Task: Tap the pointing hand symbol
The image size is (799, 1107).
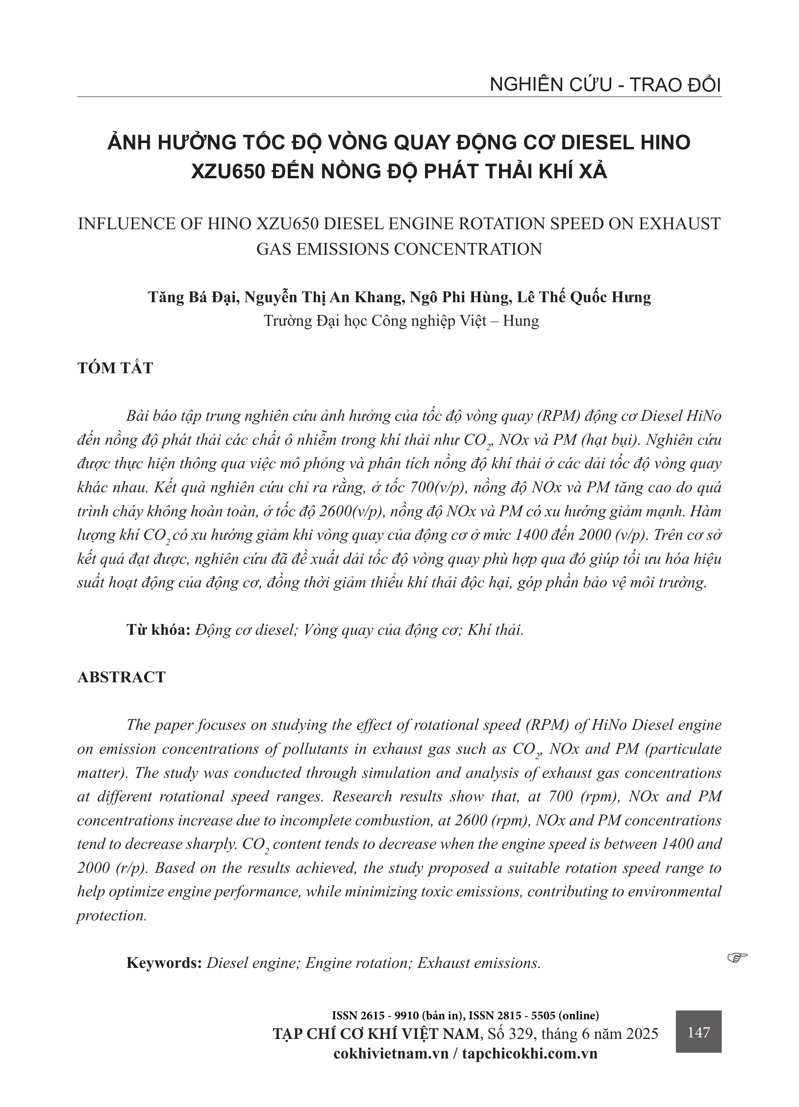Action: click(x=737, y=956)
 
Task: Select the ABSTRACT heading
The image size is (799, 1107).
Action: click(x=122, y=677)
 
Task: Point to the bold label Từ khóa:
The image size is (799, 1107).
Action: click(x=158, y=629)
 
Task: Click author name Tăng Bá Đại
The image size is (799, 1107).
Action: click(x=194, y=297)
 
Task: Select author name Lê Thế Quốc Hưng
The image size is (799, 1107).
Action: click(x=584, y=297)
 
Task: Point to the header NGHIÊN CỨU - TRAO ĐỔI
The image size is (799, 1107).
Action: click(x=605, y=85)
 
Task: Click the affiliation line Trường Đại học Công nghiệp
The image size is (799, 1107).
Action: click(x=400, y=321)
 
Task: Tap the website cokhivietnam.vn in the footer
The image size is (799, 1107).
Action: click(x=391, y=1054)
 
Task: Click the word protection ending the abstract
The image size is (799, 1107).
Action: click(x=112, y=915)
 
